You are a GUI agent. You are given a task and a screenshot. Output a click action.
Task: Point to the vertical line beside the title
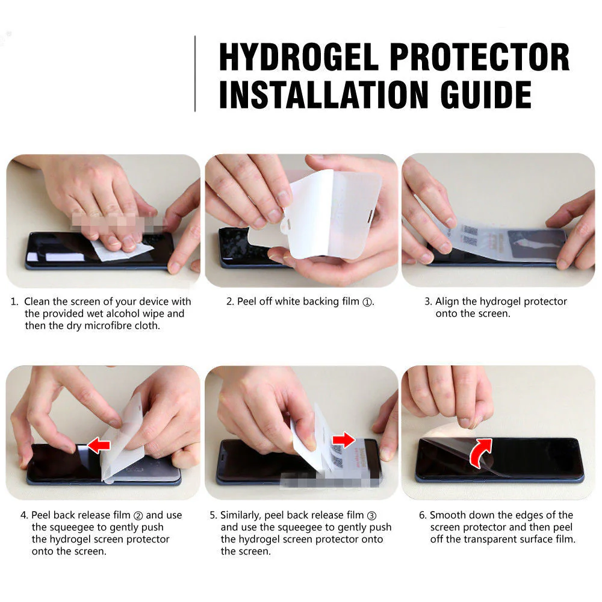click(195, 73)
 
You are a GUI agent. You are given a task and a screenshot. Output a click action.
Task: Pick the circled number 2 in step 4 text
click(137, 515)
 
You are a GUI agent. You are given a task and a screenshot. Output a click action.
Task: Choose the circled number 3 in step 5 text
click(371, 515)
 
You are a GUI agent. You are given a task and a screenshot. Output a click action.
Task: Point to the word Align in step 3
click(447, 302)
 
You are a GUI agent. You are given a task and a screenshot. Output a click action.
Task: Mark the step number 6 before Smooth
click(422, 515)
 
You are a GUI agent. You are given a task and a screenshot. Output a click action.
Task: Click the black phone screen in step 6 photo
click(530, 458)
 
